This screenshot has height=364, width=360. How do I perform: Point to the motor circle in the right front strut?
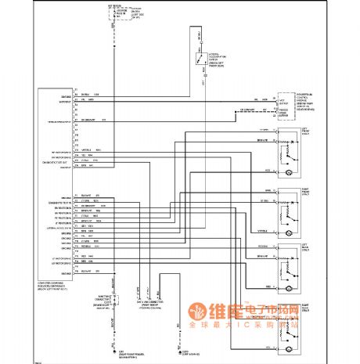[x=291, y=232]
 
